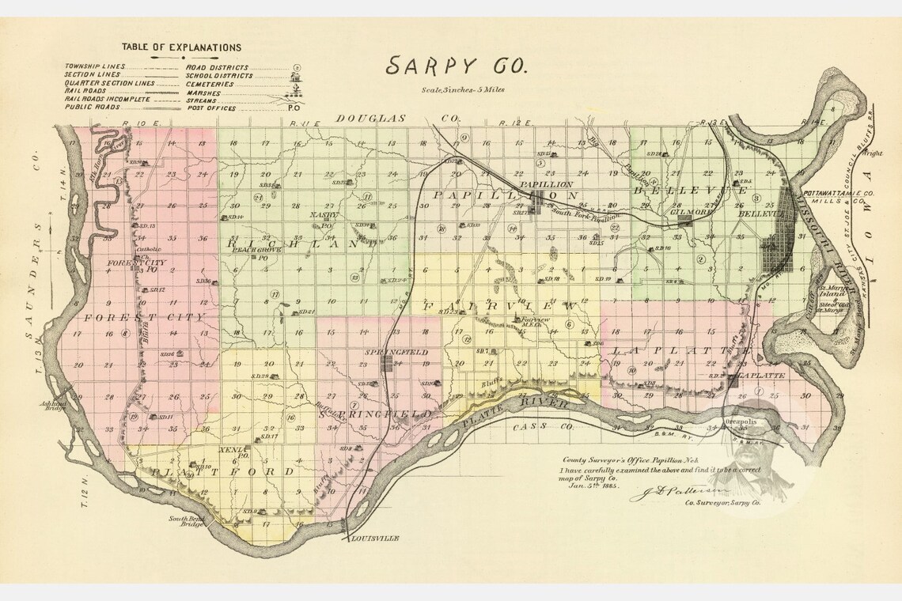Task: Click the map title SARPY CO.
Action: [455, 66]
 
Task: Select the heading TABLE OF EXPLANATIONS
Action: [183, 47]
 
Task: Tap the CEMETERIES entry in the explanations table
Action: [210, 84]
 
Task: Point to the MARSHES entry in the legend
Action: [204, 93]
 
